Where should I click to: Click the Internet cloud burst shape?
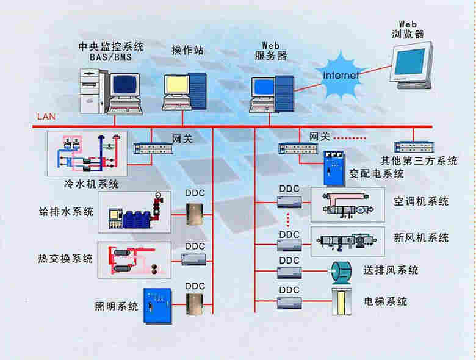pos(342,76)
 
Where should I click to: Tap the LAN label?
pos(46,116)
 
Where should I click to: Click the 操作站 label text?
pos(187,50)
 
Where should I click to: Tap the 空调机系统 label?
pos(421,201)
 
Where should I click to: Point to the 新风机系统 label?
pos(421,237)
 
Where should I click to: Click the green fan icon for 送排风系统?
pos(341,270)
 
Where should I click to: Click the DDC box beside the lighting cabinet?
pos(195,303)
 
